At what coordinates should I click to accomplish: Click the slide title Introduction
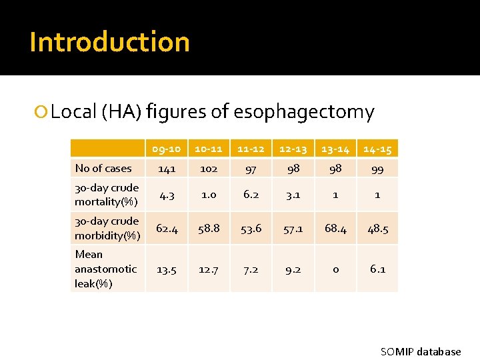(110, 42)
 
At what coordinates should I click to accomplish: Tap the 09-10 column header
(166, 149)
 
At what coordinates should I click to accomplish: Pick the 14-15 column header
(377, 149)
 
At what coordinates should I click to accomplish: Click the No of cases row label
(103, 169)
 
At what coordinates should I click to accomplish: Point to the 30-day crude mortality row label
(107, 195)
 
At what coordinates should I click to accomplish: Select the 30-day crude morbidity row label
(107, 228)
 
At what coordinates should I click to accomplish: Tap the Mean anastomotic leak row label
(105, 269)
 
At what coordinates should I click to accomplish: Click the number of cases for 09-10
(166, 169)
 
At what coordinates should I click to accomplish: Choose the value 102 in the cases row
(209, 169)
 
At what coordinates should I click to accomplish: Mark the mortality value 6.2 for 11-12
(250, 195)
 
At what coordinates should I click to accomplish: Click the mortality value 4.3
(166, 195)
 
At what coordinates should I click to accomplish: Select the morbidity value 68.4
(335, 229)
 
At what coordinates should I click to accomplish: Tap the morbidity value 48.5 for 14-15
(377, 229)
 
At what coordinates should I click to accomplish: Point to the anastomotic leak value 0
(335, 269)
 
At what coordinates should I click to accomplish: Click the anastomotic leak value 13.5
(166, 269)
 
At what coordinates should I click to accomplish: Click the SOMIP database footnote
(421, 351)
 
